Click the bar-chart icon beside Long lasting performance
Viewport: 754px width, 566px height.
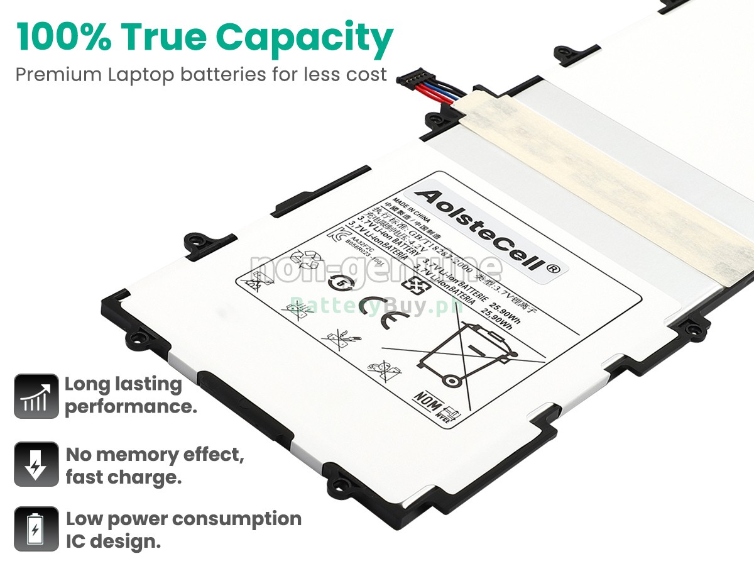point(36,396)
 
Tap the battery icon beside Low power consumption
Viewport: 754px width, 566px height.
point(36,529)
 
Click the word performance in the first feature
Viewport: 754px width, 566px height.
point(131,406)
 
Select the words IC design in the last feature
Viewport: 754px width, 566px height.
point(113,541)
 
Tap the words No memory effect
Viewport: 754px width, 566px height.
point(155,454)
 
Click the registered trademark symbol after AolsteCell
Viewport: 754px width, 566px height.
point(553,268)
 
